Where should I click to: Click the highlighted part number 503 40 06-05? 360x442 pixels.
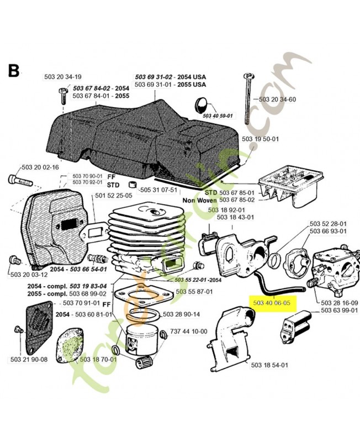pyautogui.click(x=274, y=303)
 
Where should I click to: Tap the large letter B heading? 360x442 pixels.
pyautogui.click(x=14, y=70)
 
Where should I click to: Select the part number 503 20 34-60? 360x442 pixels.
pyautogui.click(x=277, y=99)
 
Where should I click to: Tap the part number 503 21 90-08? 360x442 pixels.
pyautogui.click(x=29, y=360)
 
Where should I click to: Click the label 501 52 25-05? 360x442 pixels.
pyautogui.click(x=113, y=195)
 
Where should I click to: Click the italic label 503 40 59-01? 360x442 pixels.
pyautogui.click(x=218, y=116)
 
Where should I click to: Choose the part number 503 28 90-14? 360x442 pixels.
pyautogui.click(x=181, y=314)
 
